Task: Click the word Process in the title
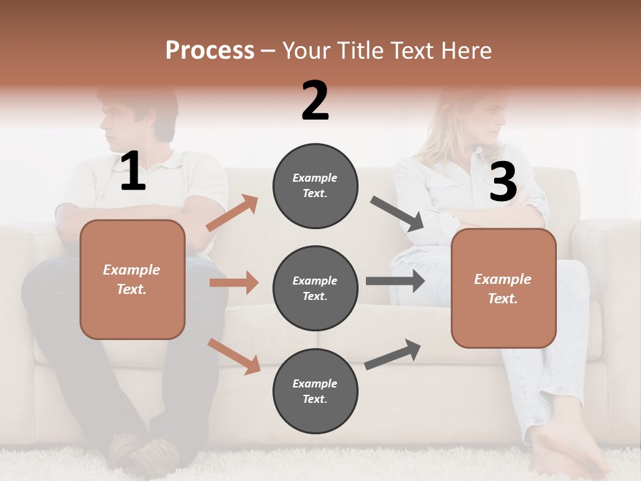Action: tap(210, 51)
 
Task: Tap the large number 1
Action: tap(133, 172)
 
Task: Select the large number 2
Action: tap(315, 101)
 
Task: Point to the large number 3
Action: tap(503, 182)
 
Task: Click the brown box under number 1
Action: tap(132, 279)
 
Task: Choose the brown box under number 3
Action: tap(503, 288)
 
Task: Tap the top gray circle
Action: tap(315, 186)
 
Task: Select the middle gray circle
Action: tap(315, 288)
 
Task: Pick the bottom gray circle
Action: tap(315, 391)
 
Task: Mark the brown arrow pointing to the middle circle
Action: tap(234, 283)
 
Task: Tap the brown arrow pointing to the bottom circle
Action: tap(234, 356)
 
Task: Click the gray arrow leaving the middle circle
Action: tap(395, 281)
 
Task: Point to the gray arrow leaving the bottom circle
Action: tap(393, 354)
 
